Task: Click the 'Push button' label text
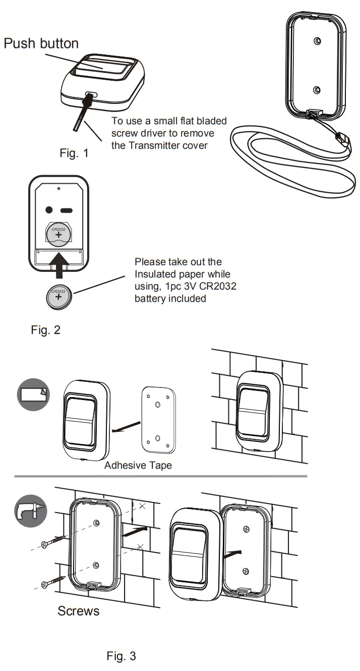(x=41, y=43)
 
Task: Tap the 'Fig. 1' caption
(x=74, y=153)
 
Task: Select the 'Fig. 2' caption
(x=46, y=330)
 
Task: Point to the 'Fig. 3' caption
(x=121, y=656)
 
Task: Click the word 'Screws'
(x=78, y=611)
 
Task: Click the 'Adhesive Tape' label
(x=138, y=465)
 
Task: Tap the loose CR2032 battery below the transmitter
(x=58, y=295)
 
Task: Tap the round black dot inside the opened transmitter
(x=49, y=210)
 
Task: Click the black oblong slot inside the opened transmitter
(x=67, y=210)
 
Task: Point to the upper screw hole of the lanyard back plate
(x=316, y=41)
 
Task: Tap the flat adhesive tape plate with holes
(x=158, y=418)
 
